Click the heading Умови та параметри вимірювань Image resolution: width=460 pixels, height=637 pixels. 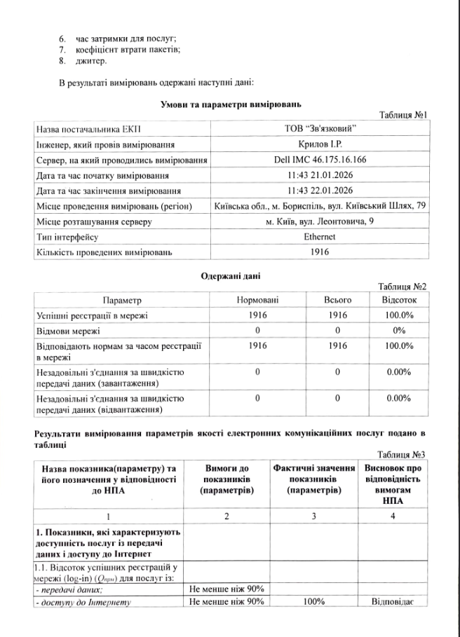click(x=231, y=104)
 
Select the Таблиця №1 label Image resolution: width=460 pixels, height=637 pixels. click(x=403, y=114)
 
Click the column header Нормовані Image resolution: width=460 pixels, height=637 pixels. click(x=258, y=300)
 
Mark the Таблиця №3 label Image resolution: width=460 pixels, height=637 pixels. click(x=403, y=455)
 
